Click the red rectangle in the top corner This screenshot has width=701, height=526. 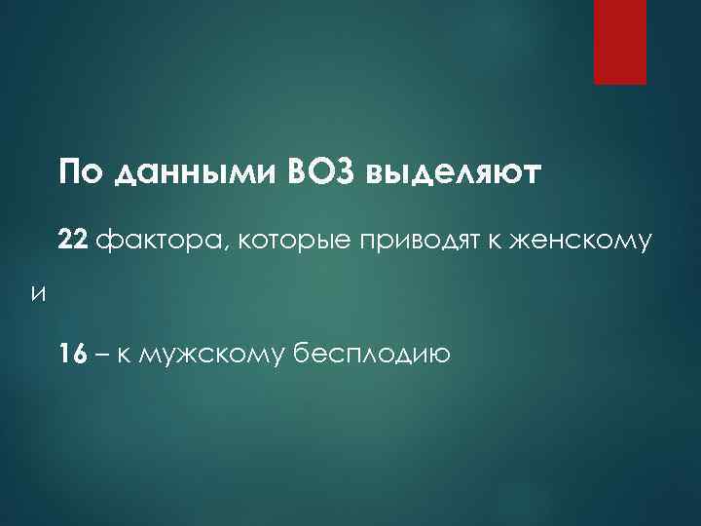tap(620, 42)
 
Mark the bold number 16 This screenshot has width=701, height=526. tap(70, 354)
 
